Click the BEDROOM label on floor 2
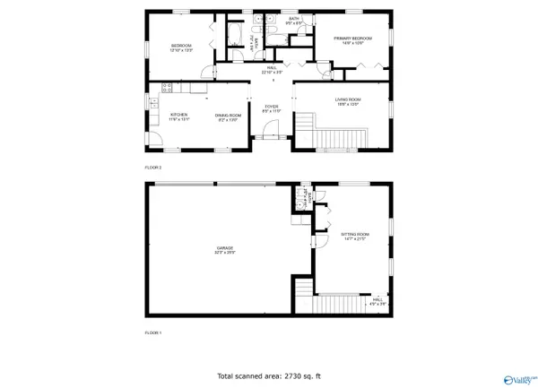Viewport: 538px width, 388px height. tap(182, 45)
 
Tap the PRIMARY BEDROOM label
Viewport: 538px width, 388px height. tap(352, 39)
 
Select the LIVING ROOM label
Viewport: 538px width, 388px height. tap(348, 99)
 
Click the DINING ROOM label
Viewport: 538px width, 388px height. tap(226, 114)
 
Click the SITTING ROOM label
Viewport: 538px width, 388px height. tap(356, 234)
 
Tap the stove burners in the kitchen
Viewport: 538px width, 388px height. tap(166, 88)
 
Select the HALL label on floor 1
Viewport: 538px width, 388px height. tap(378, 299)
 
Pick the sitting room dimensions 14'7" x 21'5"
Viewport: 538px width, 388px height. tap(356, 239)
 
